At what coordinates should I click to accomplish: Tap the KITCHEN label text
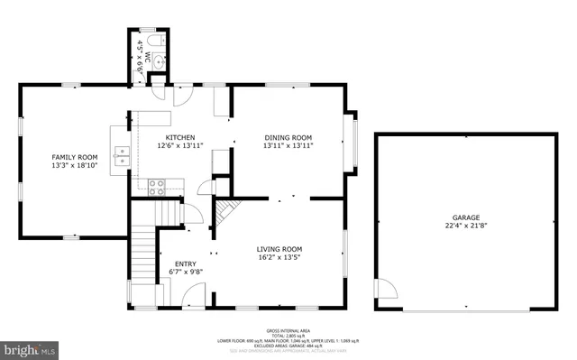click(x=180, y=137)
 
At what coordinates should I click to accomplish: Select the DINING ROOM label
click(x=288, y=137)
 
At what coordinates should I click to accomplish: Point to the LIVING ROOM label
click(x=279, y=249)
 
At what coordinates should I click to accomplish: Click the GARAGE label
click(x=465, y=217)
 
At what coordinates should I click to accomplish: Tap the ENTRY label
click(x=185, y=263)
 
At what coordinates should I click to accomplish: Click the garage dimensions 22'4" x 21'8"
click(x=465, y=226)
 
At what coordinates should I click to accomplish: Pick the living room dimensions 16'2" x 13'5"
click(x=279, y=258)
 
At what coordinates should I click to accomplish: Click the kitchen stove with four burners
click(x=157, y=187)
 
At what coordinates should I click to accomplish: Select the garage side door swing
click(x=386, y=289)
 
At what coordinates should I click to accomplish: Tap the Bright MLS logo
click(x=30, y=346)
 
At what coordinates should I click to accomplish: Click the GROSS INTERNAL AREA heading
click(x=288, y=331)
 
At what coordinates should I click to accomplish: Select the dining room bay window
click(x=353, y=142)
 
